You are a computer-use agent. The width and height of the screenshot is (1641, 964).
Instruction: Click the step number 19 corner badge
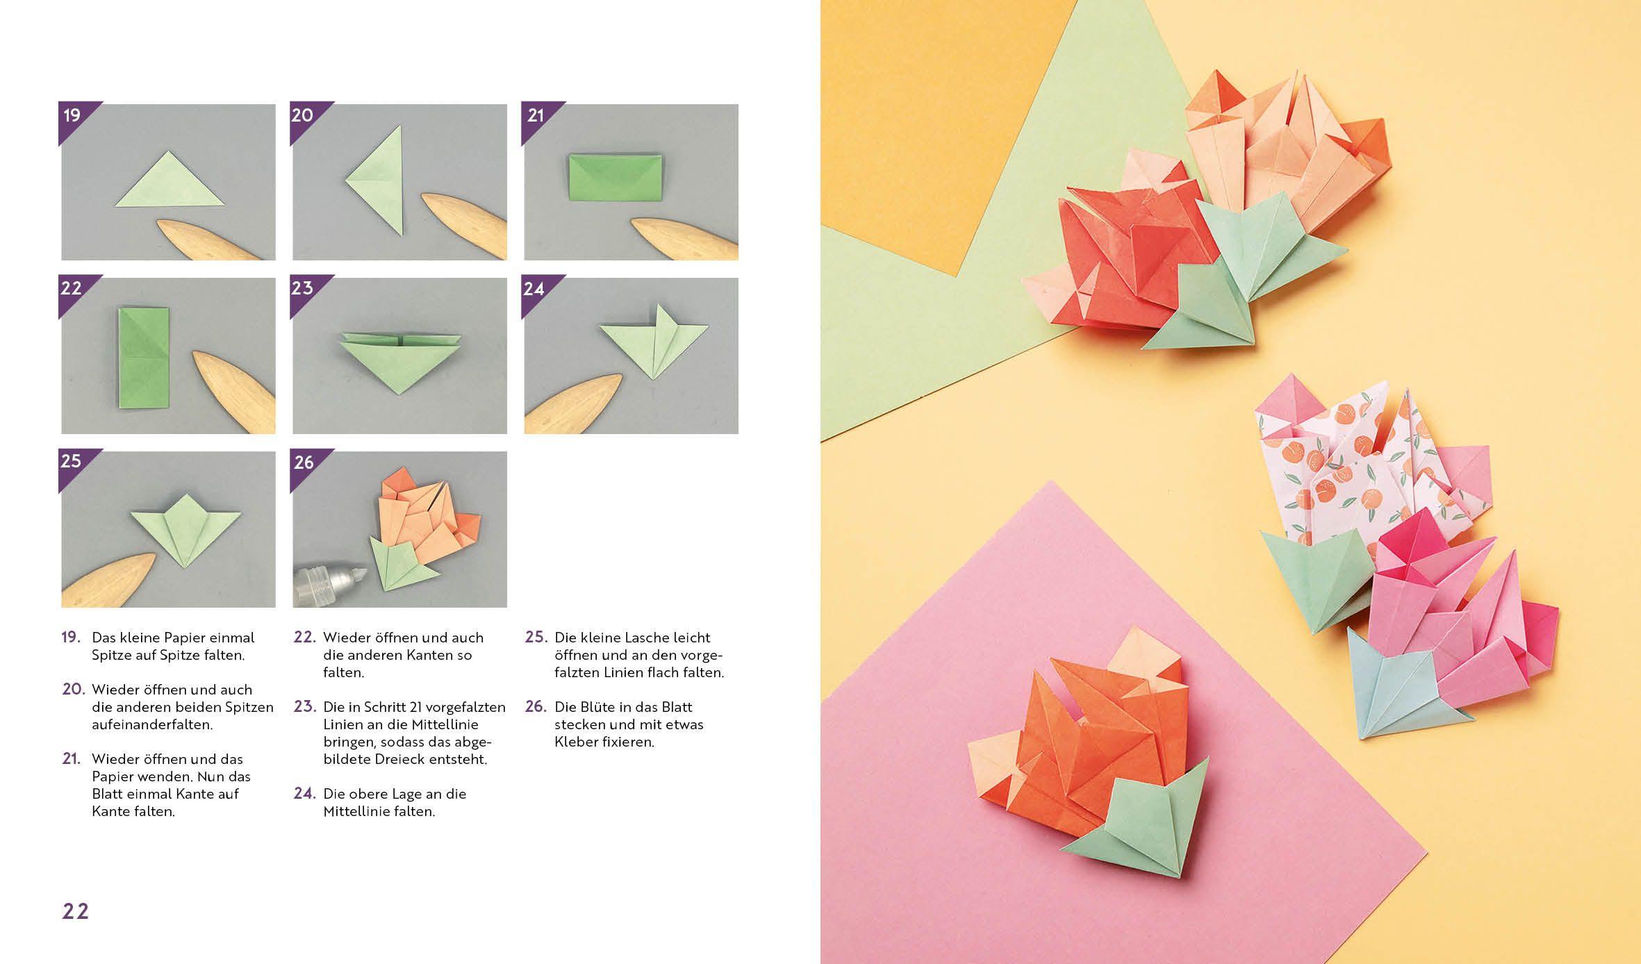[73, 116]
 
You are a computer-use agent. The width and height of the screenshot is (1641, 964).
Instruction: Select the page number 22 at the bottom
[76, 911]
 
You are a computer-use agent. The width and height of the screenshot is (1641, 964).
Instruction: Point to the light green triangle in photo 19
[169, 184]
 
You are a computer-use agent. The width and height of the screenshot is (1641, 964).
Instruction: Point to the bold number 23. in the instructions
[304, 707]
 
